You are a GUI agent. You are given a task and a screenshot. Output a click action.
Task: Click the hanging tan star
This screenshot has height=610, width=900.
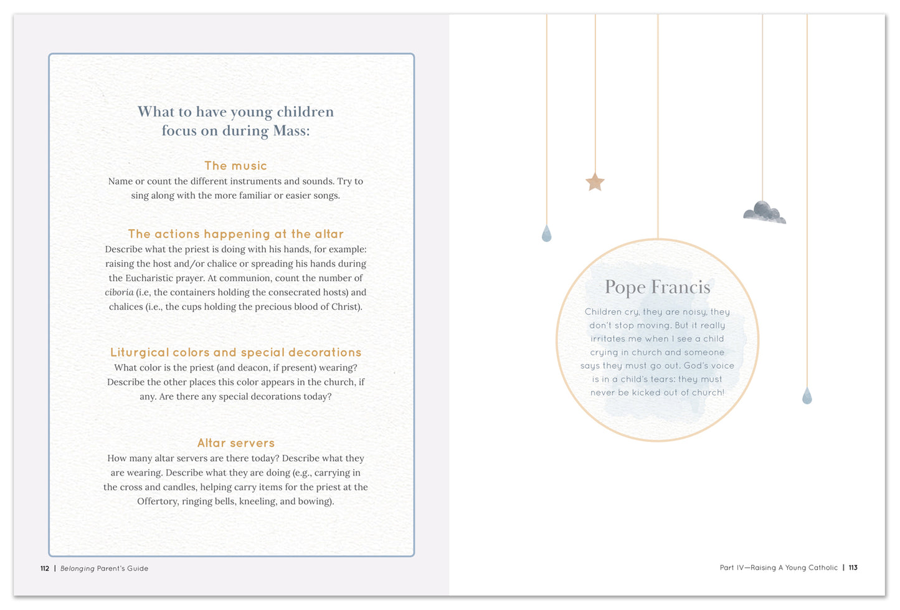pyautogui.click(x=595, y=182)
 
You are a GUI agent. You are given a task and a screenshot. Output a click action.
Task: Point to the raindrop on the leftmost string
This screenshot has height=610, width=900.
pyautogui.click(x=546, y=234)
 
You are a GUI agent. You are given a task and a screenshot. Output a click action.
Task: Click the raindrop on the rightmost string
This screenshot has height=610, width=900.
pyautogui.click(x=807, y=396)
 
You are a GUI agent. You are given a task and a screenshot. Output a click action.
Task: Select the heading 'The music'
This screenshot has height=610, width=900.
pyautogui.click(x=235, y=166)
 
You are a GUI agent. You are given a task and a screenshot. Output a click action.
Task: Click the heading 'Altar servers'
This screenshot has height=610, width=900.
pyautogui.click(x=235, y=443)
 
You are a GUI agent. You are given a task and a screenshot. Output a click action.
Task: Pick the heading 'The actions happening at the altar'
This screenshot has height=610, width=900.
pyautogui.click(x=235, y=234)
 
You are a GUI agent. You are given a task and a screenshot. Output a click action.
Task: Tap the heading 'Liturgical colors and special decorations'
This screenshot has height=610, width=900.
pyautogui.click(x=235, y=352)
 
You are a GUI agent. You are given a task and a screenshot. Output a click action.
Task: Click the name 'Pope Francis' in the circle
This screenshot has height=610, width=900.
pyautogui.click(x=657, y=287)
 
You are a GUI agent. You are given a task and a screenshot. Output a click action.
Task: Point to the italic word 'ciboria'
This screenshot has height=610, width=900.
pyautogui.click(x=119, y=292)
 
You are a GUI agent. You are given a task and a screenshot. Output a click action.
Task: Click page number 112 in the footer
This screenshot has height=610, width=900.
pyautogui.click(x=45, y=568)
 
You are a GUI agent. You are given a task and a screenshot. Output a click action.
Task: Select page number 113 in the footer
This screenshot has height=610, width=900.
pyautogui.click(x=853, y=568)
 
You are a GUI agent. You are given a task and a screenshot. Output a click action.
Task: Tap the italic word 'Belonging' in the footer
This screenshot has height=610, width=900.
pyautogui.click(x=77, y=568)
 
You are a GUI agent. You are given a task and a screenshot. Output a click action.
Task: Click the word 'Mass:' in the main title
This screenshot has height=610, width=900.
pyautogui.click(x=291, y=131)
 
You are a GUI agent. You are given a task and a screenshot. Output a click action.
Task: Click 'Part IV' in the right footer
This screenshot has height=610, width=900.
pyautogui.click(x=732, y=568)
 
